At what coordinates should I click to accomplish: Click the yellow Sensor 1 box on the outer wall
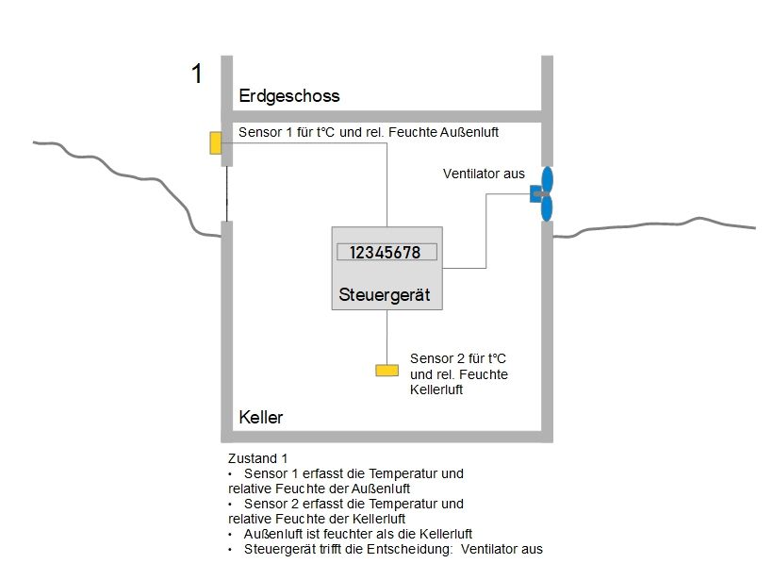(x=216, y=142)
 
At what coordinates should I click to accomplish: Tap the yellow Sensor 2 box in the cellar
(x=386, y=371)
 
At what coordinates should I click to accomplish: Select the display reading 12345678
(x=386, y=252)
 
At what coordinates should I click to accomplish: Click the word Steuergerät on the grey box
(x=384, y=295)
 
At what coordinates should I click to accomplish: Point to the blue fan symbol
(x=544, y=193)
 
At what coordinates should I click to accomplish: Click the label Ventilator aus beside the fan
(x=484, y=174)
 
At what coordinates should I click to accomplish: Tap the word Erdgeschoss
(x=288, y=96)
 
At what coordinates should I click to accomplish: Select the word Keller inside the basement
(x=261, y=418)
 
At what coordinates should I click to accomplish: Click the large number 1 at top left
(x=197, y=75)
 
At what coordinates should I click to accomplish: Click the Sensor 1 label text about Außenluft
(x=369, y=132)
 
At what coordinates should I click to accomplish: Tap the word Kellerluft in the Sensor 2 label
(x=436, y=389)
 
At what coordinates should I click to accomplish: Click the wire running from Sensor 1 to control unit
(x=386, y=179)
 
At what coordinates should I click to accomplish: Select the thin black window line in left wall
(x=226, y=193)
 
